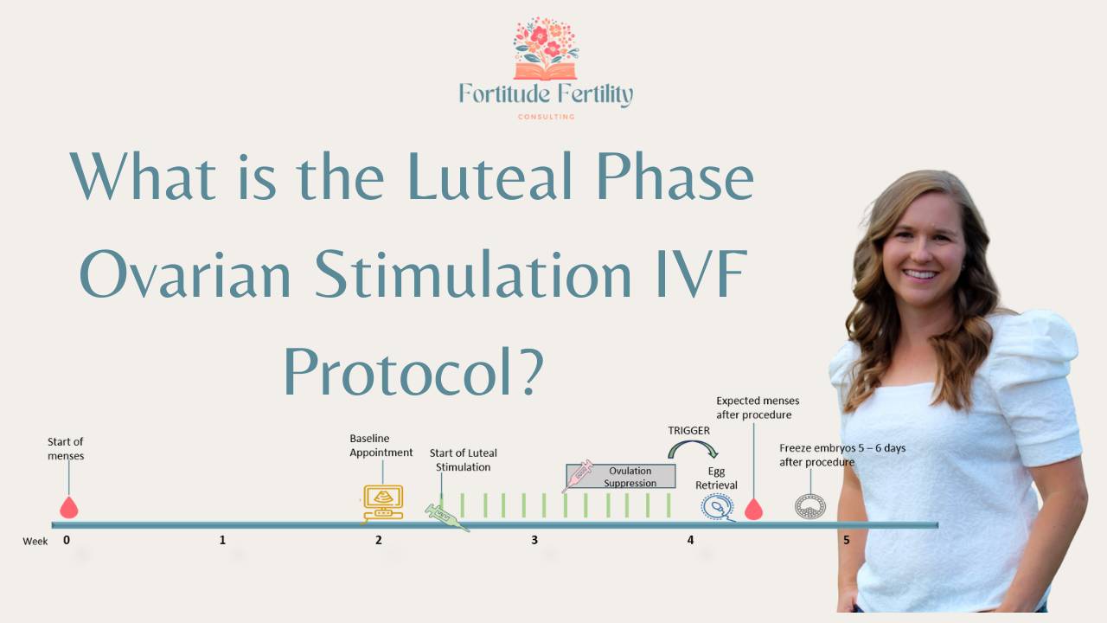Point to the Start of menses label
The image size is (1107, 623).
point(66,448)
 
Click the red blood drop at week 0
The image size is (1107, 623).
point(68,507)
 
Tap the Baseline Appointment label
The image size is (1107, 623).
point(381,446)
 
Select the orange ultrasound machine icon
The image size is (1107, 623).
point(382,503)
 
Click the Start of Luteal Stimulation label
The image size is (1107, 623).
point(464,459)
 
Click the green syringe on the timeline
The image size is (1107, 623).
point(446,517)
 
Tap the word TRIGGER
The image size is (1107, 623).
point(688,430)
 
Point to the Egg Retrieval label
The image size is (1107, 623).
point(717,479)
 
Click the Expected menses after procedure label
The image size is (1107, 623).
point(758,408)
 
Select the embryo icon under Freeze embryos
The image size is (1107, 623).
point(810,506)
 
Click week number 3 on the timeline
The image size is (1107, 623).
point(534,541)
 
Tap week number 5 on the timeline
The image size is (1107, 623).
point(846,541)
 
